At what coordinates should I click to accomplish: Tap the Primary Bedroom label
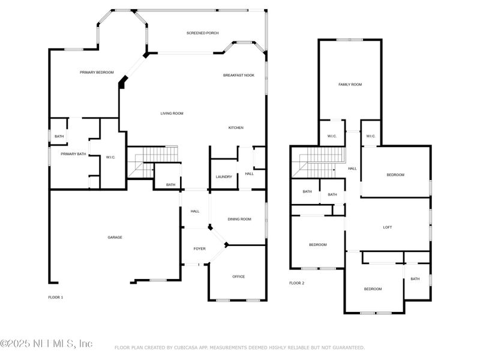tap(97, 72)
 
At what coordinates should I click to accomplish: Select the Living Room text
tap(172, 113)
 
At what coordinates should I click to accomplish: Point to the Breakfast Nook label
tap(239, 75)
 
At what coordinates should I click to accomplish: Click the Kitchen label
tap(236, 128)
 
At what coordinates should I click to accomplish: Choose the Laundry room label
tap(223, 176)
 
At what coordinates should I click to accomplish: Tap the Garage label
tap(115, 237)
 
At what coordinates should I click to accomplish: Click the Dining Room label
tap(239, 219)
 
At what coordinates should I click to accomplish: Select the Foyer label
tap(199, 248)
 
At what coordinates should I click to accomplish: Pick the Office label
tap(238, 277)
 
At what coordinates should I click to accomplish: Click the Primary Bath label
tap(73, 154)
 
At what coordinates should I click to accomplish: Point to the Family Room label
tap(350, 85)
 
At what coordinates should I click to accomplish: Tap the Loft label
tap(387, 227)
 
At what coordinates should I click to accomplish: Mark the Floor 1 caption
tap(55, 297)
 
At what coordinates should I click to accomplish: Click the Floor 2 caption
tap(296, 283)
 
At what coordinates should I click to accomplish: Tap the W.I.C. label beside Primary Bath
tap(110, 157)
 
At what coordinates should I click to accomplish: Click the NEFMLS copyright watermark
tap(47, 344)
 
